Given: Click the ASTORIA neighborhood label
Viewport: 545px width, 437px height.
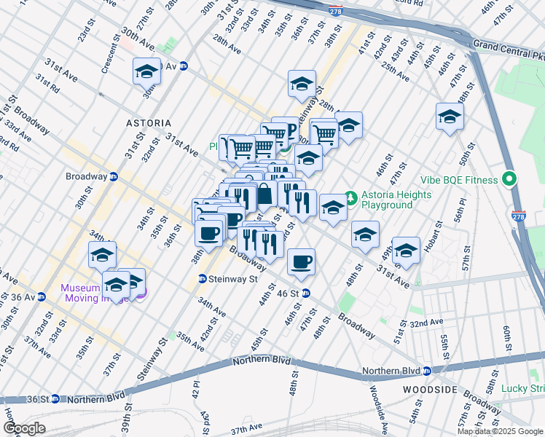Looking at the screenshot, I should [x=149, y=123].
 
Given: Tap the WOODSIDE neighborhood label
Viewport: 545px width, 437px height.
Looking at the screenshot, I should [x=430, y=390].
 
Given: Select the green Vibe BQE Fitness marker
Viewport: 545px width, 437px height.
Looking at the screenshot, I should [x=509, y=179].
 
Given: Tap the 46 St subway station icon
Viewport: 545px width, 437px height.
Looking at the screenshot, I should [x=307, y=293].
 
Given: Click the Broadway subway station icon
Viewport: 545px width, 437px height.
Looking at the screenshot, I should [x=114, y=176].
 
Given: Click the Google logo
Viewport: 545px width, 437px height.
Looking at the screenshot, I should [x=23, y=428].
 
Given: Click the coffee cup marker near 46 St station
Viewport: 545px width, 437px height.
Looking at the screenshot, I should [x=301, y=260].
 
